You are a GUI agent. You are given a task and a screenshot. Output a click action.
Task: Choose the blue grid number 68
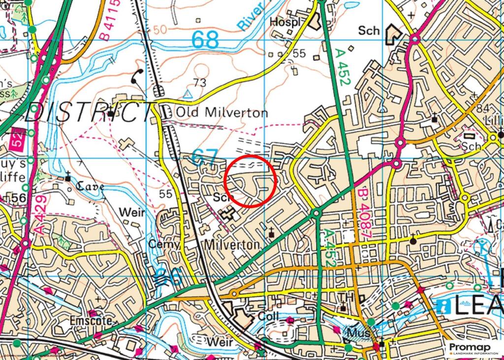205,40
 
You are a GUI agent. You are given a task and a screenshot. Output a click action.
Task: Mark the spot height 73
200,82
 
